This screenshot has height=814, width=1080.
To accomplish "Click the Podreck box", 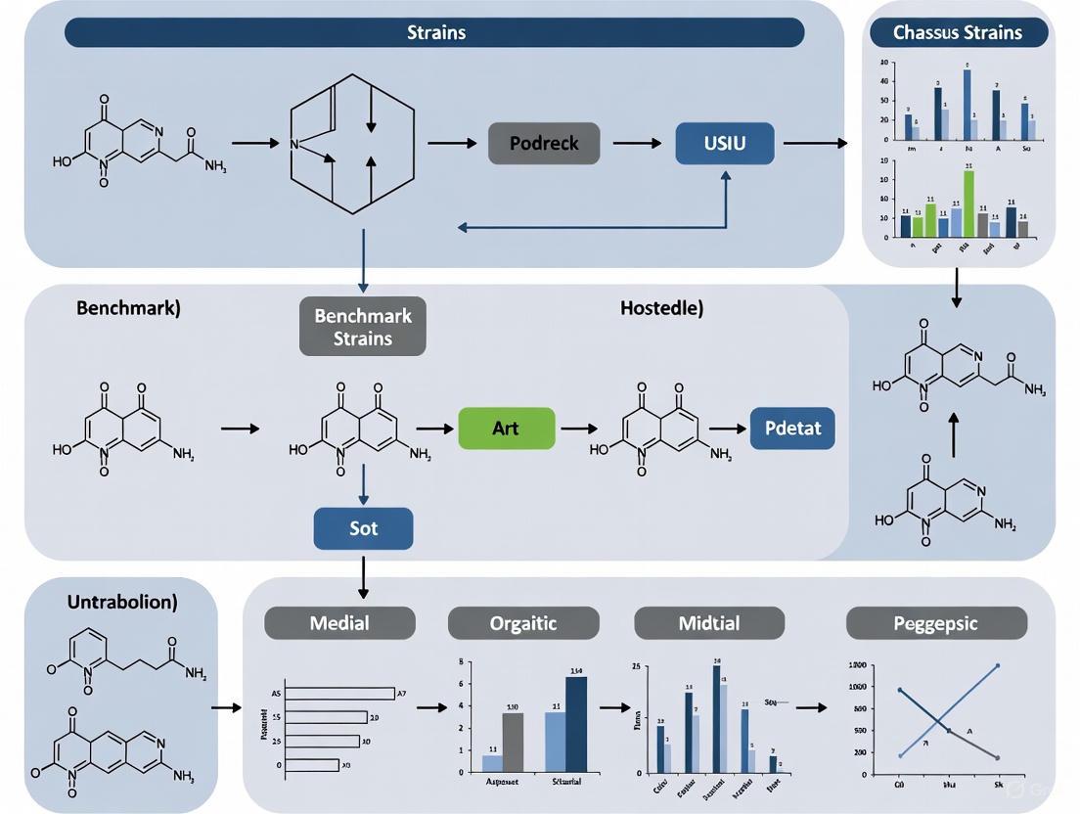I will click(x=544, y=143).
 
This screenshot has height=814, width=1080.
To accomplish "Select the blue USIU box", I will click(x=724, y=143).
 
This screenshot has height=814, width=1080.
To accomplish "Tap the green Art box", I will click(x=506, y=429).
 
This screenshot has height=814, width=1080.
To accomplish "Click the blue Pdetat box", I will click(x=792, y=429).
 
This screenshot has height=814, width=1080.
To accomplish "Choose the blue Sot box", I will click(x=363, y=528).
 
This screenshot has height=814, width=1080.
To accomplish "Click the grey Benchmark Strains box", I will click(x=362, y=327).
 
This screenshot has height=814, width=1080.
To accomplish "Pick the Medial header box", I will click(x=339, y=623).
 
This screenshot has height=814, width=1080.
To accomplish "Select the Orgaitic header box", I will click(x=523, y=623).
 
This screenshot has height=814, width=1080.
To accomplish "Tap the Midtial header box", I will click(x=709, y=623).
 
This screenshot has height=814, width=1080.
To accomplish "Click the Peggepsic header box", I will click(x=936, y=623).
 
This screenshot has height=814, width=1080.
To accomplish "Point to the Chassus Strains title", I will click(x=958, y=32).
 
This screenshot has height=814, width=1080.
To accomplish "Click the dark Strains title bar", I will click(x=434, y=32).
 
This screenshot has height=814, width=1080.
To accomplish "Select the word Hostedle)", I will click(x=661, y=308).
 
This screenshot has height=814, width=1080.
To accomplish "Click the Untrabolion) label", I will click(x=122, y=602).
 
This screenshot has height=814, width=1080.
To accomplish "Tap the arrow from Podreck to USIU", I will click(x=637, y=143).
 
